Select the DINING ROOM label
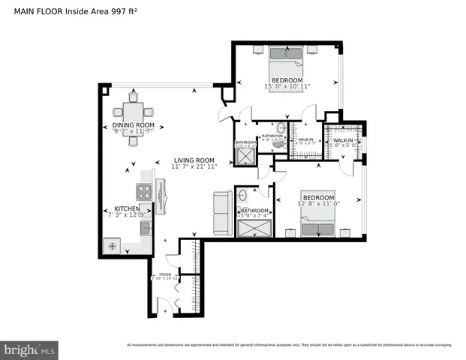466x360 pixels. pyautogui.click(x=134, y=124)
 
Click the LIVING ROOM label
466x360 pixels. pyautogui.click(x=194, y=160)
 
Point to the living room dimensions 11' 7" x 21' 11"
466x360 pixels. pyautogui.click(x=194, y=166)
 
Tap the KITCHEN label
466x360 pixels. pyautogui.click(x=126, y=209)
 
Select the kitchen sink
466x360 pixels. pyautogui.click(x=145, y=226)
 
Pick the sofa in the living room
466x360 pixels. pyautogui.click(x=223, y=213)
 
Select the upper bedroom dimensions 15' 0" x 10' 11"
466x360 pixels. pyautogui.click(x=287, y=86)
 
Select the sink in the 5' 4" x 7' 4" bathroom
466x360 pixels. pyautogui.click(x=243, y=196)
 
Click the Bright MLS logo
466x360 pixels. pyautogui.click(x=30, y=349)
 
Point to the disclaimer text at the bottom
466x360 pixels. pyautogui.click(x=289, y=345)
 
